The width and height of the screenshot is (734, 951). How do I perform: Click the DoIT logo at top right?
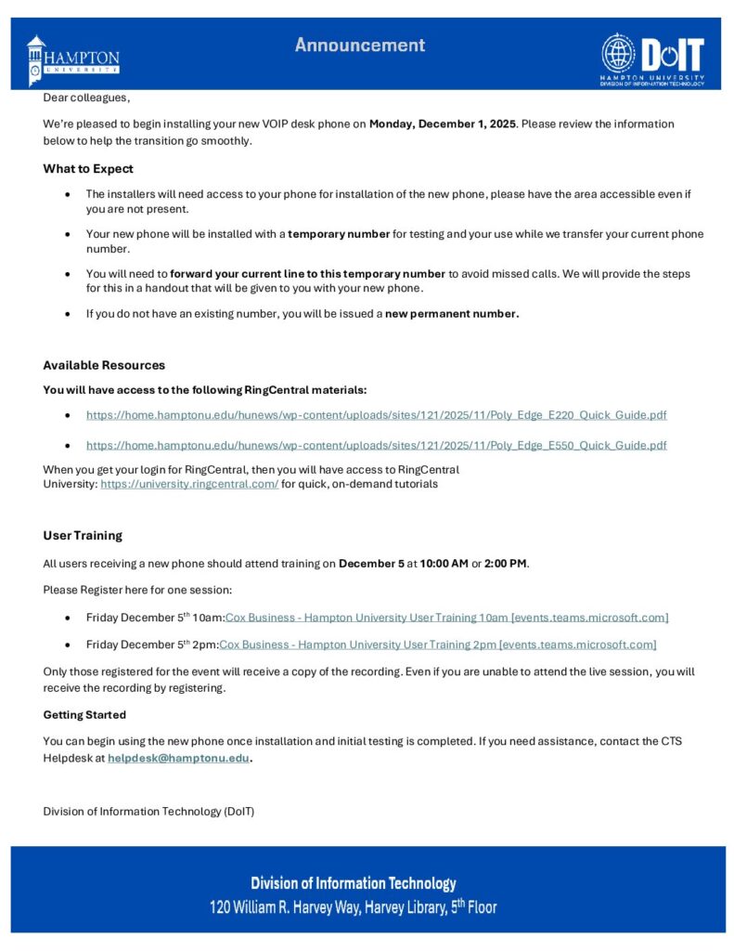[652, 59]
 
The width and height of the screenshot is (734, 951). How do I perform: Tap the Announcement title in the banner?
[360, 45]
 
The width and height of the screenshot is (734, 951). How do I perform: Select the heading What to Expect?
[88, 169]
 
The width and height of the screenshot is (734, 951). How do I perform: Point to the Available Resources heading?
[104, 365]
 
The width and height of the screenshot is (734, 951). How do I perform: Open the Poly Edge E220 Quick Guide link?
[376, 415]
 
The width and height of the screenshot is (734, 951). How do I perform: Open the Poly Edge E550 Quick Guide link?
[376, 445]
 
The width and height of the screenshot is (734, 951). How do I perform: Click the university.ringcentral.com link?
[189, 484]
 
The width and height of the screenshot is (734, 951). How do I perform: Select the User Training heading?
[83, 536]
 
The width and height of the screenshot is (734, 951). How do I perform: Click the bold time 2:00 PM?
[506, 563]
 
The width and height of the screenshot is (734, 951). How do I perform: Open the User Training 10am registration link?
[446, 618]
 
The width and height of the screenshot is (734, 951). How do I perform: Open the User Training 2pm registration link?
[437, 645]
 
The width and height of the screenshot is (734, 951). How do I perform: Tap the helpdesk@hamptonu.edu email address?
[178, 758]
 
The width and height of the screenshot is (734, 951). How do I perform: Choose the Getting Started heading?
[84, 715]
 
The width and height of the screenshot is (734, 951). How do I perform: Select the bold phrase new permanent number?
[452, 314]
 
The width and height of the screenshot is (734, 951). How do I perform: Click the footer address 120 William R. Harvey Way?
[353, 907]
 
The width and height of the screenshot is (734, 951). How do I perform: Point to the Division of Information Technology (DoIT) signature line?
[148, 812]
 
